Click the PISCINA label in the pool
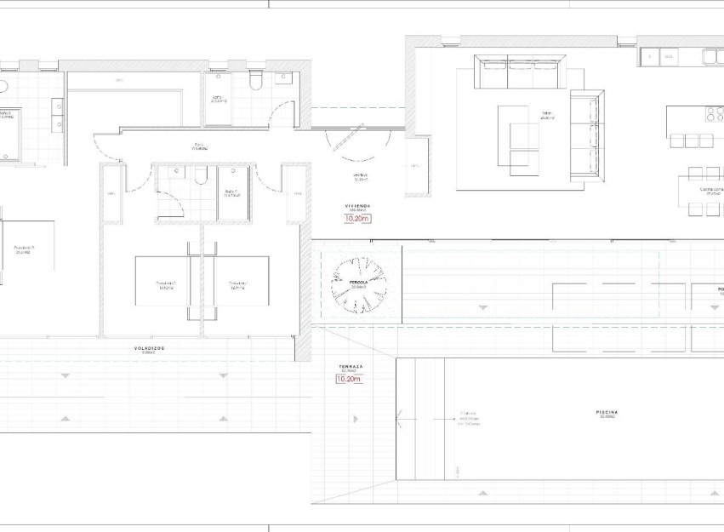click(607, 414)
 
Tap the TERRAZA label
click(351, 369)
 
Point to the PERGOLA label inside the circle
click(358, 283)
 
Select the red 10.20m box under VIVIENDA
click(357, 219)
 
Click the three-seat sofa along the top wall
click(521, 72)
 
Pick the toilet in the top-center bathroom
click(255, 81)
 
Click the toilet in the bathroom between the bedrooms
click(201, 175)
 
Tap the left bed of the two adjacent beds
click(167, 282)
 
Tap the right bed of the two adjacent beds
click(237, 282)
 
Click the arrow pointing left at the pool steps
click(400, 417)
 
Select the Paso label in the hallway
click(200, 146)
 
